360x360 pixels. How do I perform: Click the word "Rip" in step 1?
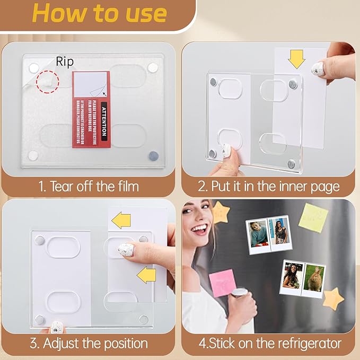(65, 62)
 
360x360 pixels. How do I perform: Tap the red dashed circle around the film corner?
(48, 82)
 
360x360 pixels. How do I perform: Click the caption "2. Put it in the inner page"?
(268, 186)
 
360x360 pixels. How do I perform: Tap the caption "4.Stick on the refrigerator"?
(269, 343)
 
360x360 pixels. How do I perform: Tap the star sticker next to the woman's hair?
(220, 212)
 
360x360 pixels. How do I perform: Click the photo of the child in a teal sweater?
(258, 233)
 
